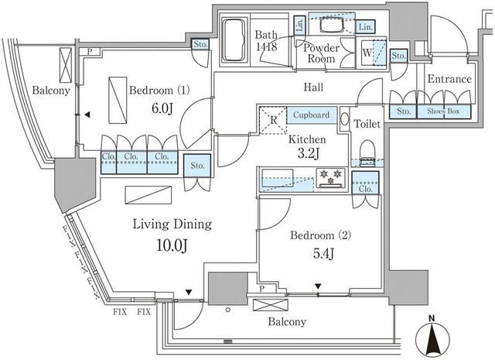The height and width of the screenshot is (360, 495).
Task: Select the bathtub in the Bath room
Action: click(x=234, y=42)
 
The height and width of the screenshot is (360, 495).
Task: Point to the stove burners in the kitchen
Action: click(x=332, y=177)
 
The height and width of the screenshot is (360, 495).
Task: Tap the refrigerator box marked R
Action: click(x=273, y=120)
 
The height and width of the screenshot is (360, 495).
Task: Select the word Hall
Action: click(x=312, y=87)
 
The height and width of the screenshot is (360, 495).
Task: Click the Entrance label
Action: click(x=449, y=79)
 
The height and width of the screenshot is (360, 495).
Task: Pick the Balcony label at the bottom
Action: click(x=287, y=321)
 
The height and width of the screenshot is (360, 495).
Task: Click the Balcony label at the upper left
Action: click(x=52, y=91)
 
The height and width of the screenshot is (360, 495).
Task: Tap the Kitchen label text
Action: click(x=307, y=139)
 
